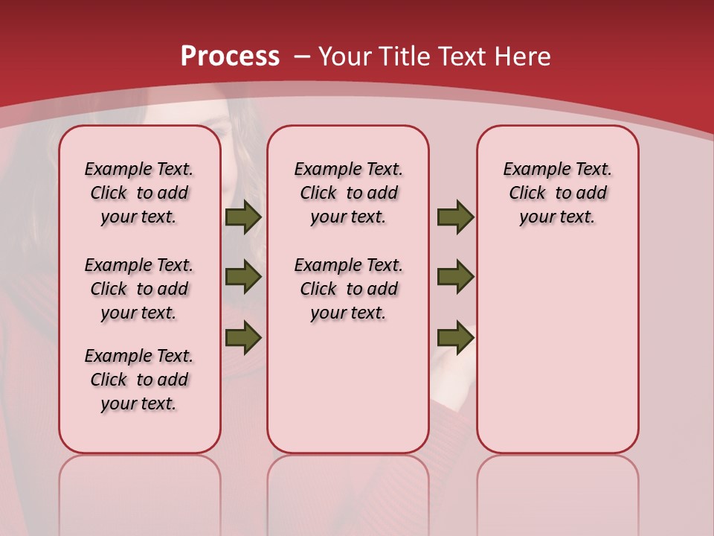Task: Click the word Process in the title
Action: [x=230, y=57]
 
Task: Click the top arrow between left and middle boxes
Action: [x=243, y=217]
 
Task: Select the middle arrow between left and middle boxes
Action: [x=243, y=277]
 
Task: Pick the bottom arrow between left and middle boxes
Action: [x=243, y=336]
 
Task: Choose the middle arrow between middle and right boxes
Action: [x=455, y=277]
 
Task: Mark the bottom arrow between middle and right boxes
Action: [x=455, y=336]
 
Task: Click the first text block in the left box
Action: [x=139, y=193]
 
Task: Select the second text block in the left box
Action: [x=139, y=289]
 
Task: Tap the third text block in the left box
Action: [x=139, y=380]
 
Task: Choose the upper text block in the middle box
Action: [x=348, y=193]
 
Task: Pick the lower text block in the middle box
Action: [x=348, y=289]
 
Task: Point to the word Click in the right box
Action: [x=527, y=194]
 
